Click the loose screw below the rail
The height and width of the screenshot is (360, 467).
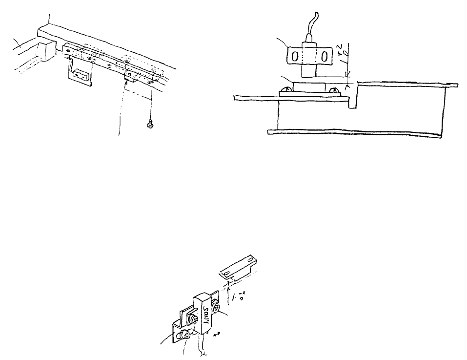[150, 126]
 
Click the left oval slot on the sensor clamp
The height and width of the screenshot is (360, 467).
[295, 57]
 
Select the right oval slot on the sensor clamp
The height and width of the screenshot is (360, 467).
[323, 57]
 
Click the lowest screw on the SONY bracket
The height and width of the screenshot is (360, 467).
[184, 336]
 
